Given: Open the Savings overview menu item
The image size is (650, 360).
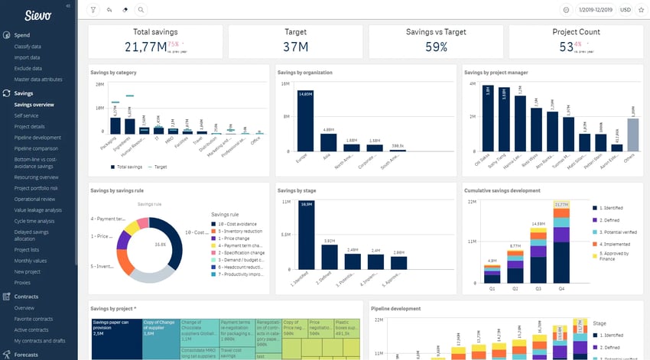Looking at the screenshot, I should (x=34, y=104).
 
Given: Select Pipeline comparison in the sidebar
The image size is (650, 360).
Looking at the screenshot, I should (x=36, y=148).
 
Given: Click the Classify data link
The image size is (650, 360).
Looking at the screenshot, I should (x=28, y=47).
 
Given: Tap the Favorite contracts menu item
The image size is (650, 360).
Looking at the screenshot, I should (x=35, y=319).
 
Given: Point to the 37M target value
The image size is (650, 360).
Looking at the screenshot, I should (x=296, y=47).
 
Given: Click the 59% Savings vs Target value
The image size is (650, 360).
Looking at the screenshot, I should (x=436, y=47).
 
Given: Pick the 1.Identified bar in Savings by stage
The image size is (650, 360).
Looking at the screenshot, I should (x=306, y=236).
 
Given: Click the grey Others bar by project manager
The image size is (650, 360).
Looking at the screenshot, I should (x=632, y=135).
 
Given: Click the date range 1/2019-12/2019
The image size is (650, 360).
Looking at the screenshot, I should (x=596, y=10).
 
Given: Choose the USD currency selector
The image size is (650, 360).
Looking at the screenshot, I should (x=625, y=10).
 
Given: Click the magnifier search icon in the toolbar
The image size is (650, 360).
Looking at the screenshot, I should (x=141, y=10).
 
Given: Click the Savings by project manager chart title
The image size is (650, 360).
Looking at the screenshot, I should (x=496, y=73).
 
